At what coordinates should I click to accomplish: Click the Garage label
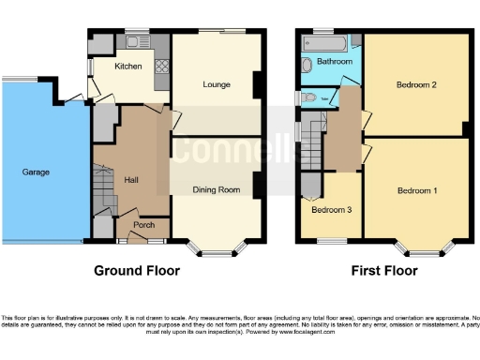pos(37,172)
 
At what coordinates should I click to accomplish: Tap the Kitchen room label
pos(127,67)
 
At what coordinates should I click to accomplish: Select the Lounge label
pos(217,84)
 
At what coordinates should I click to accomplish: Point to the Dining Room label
pos(212,190)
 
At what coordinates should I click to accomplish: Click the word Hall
pos(132,180)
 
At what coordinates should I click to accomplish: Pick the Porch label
pos(143,224)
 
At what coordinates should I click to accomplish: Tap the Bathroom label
pos(335,62)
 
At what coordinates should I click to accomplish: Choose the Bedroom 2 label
pos(416,85)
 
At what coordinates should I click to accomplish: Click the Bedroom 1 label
pos(416,191)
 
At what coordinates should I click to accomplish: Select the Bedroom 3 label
pos(332,210)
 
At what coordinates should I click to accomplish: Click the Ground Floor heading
pos(137,271)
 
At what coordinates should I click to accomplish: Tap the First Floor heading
pos(384,271)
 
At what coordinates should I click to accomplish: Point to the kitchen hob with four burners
pos(160,67)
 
